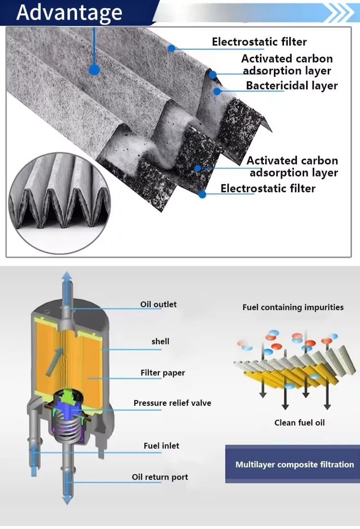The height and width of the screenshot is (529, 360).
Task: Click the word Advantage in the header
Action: (x=69, y=13)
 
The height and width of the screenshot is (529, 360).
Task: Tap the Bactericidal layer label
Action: (x=292, y=86)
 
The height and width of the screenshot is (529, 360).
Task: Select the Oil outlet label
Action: (x=158, y=304)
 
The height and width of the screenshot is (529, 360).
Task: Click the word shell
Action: (x=160, y=341)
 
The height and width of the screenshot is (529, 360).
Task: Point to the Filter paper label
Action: (x=163, y=373)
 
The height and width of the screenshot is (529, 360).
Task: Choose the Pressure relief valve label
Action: (x=172, y=403)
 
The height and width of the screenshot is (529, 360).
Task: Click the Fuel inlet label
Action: (x=161, y=446)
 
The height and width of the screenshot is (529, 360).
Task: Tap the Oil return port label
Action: (x=160, y=477)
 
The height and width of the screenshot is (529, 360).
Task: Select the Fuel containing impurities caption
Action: (x=293, y=307)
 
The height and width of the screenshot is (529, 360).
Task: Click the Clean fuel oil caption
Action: (x=299, y=423)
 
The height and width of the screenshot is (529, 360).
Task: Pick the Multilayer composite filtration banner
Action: (x=294, y=465)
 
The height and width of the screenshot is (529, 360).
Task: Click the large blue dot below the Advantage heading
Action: (x=94, y=70)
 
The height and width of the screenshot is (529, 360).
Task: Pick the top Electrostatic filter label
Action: (x=259, y=42)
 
